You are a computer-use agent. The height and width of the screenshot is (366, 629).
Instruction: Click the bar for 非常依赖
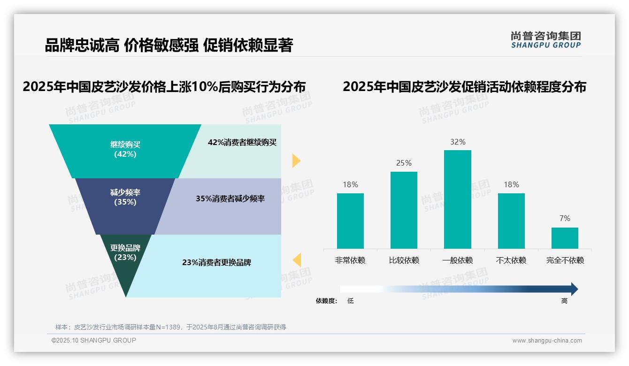tap(350, 221)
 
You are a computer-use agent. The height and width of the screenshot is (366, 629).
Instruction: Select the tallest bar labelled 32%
tap(457, 199)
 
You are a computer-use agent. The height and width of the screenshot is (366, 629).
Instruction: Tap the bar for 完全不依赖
tap(565, 238)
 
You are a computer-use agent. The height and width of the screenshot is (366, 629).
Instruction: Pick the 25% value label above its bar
tap(404, 163)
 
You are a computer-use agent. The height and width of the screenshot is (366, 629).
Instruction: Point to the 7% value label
tap(565, 218)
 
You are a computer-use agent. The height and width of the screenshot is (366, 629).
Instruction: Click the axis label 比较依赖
tap(404, 260)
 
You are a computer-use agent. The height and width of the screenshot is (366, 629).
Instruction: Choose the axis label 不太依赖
tap(511, 260)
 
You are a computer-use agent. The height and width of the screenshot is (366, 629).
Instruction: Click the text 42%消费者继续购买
tap(242, 143)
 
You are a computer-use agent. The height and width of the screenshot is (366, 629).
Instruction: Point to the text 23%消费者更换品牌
tap(216, 262)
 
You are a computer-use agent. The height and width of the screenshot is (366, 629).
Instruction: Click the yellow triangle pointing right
tap(296, 160)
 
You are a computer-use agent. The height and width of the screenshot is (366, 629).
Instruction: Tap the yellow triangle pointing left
tap(297, 259)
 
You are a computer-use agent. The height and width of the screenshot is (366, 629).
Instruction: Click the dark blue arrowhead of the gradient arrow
tap(574, 289)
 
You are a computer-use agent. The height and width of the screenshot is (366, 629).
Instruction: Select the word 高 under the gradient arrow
tap(564, 301)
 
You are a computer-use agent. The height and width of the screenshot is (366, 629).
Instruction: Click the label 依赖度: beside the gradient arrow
tap(326, 301)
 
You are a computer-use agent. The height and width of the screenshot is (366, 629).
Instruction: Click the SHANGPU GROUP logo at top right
tap(545, 40)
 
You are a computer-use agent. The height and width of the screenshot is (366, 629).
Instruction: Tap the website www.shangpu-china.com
tap(547, 341)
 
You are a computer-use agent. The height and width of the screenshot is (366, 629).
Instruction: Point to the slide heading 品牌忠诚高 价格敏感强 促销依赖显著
tap(169, 46)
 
